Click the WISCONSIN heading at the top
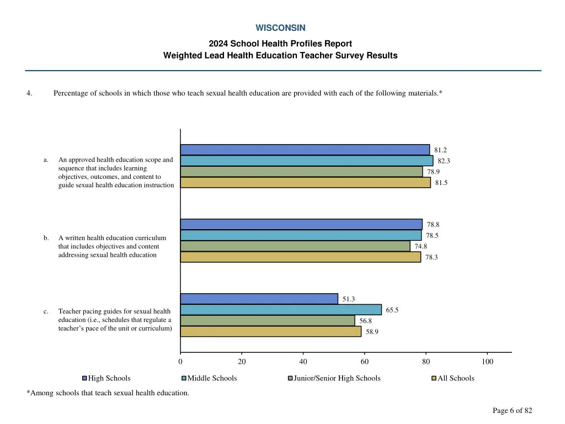tap(280, 28)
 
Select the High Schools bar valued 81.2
tap(305, 150)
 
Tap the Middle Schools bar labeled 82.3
tap(306, 161)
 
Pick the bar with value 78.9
tap(301, 172)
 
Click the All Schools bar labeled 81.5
tap(305, 182)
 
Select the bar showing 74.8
tap(295, 246)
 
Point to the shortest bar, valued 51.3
tap(259, 299)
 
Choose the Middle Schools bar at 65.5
tap(281, 310)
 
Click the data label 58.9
tap(372, 332)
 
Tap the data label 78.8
tap(433, 225)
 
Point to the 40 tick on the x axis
tap(303, 362)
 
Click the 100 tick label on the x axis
tap(487, 362)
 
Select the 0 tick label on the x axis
tap(180, 362)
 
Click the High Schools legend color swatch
tap(85, 378)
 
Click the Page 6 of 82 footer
tap(512, 410)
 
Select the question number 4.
tap(29, 93)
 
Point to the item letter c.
tap(46, 312)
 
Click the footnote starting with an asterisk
tap(108, 393)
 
